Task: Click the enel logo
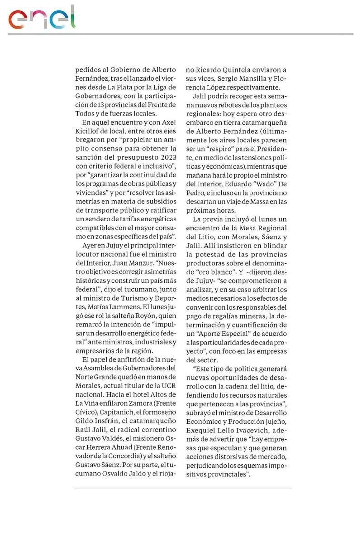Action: pos(42,18)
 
